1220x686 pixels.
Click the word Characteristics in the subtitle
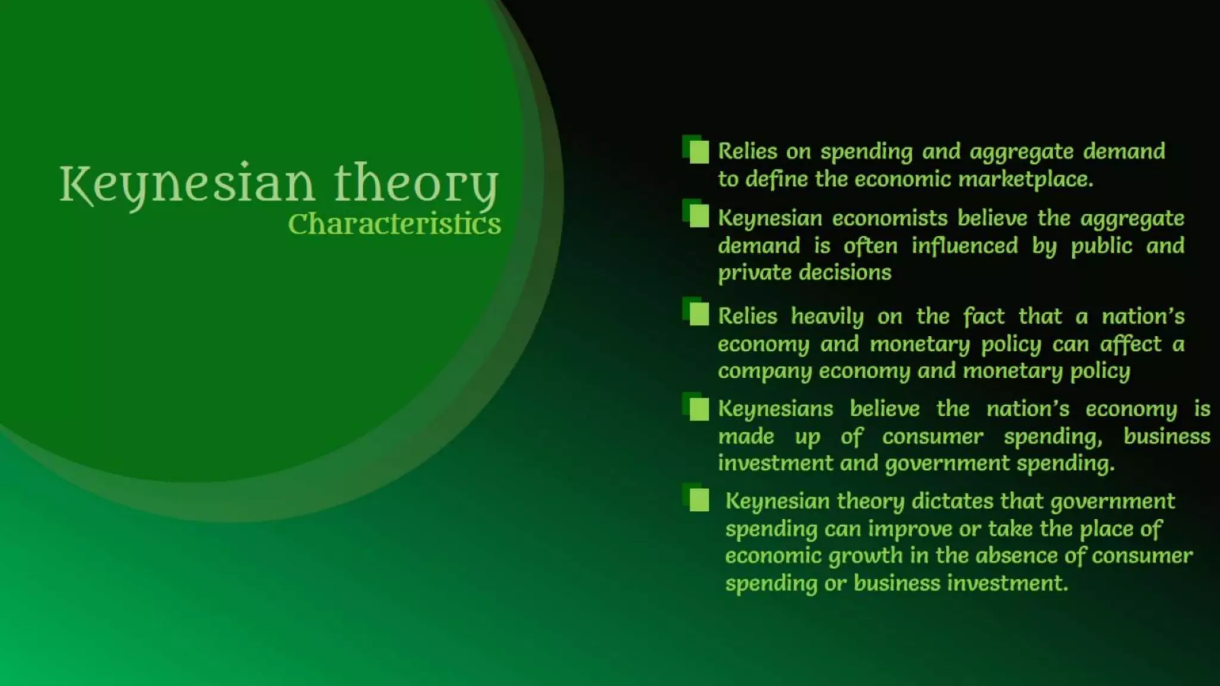tap(394, 224)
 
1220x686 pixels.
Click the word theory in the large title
tap(416, 183)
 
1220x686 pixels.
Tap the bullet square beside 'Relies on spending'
tap(698, 151)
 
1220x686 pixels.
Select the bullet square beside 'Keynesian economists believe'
tap(698, 216)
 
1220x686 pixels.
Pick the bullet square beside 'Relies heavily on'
tap(698, 314)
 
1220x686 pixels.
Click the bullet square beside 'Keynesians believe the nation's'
tap(698, 409)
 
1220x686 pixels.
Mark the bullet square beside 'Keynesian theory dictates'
tap(698, 500)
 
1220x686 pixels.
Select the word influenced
tap(964, 245)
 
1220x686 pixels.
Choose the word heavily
tap(827, 316)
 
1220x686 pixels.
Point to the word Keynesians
tap(775, 409)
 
